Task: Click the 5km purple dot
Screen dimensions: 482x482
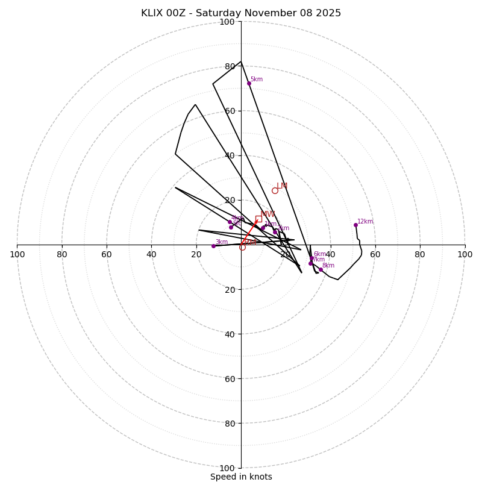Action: [x=249, y=83]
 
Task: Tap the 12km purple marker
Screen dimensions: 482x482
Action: [x=355, y=225]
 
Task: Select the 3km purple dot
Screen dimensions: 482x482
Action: [x=213, y=246]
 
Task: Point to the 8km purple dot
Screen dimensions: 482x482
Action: [x=321, y=269]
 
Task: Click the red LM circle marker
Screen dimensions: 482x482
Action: [x=275, y=190]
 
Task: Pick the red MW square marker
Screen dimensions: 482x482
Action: [x=258, y=219]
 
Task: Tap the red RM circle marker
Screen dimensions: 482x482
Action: [x=242, y=247]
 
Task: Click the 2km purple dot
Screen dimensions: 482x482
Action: [x=275, y=232]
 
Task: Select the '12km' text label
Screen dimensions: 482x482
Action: [x=365, y=222]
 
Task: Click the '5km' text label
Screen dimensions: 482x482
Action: [x=257, y=80]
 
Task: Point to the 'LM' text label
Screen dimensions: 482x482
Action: [x=282, y=186]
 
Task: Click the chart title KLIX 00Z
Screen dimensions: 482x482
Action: [x=241, y=13]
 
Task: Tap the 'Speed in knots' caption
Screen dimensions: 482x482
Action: [x=241, y=477]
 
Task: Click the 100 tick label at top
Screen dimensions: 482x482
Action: [x=227, y=22]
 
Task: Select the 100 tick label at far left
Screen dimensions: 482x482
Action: [x=17, y=254]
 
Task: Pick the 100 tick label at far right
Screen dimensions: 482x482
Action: [x=465, y=254]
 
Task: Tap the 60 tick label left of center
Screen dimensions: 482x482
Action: [x=107, y=254]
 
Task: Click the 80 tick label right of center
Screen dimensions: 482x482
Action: [x=420, y=254]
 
